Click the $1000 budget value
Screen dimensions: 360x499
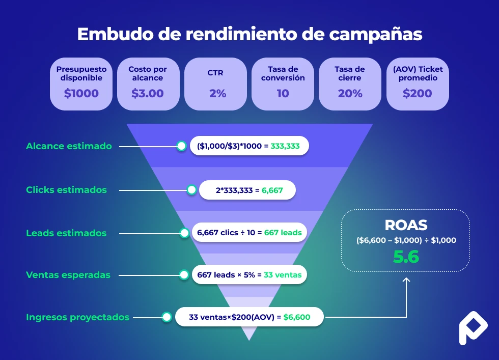(x=81, y=94)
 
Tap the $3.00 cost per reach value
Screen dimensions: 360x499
(x=148, y=94)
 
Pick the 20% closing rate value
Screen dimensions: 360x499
(x=350, y=94)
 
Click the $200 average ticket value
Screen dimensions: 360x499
(x=417, y=94)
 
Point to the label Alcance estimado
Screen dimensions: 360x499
(x=69, y=146)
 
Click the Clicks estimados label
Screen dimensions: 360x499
(x=66, y=190)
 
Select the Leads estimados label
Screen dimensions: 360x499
(x=66, y=233)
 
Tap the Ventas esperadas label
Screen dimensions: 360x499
(x=68, y=275)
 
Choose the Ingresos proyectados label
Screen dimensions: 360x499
(x=77, y=317)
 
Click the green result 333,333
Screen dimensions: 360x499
(x=285, y=146)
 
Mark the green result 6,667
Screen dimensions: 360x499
(x=272, y=190)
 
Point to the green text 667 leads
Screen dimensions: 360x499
(x=283, y=233)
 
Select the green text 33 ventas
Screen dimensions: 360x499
(x=283, y=275)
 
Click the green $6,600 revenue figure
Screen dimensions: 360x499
(x=297, y=317)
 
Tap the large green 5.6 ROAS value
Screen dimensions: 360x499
(x=406, y=257)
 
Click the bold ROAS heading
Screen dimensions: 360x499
(x=406, y=226)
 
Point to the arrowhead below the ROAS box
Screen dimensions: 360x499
(x=406, y=280)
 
